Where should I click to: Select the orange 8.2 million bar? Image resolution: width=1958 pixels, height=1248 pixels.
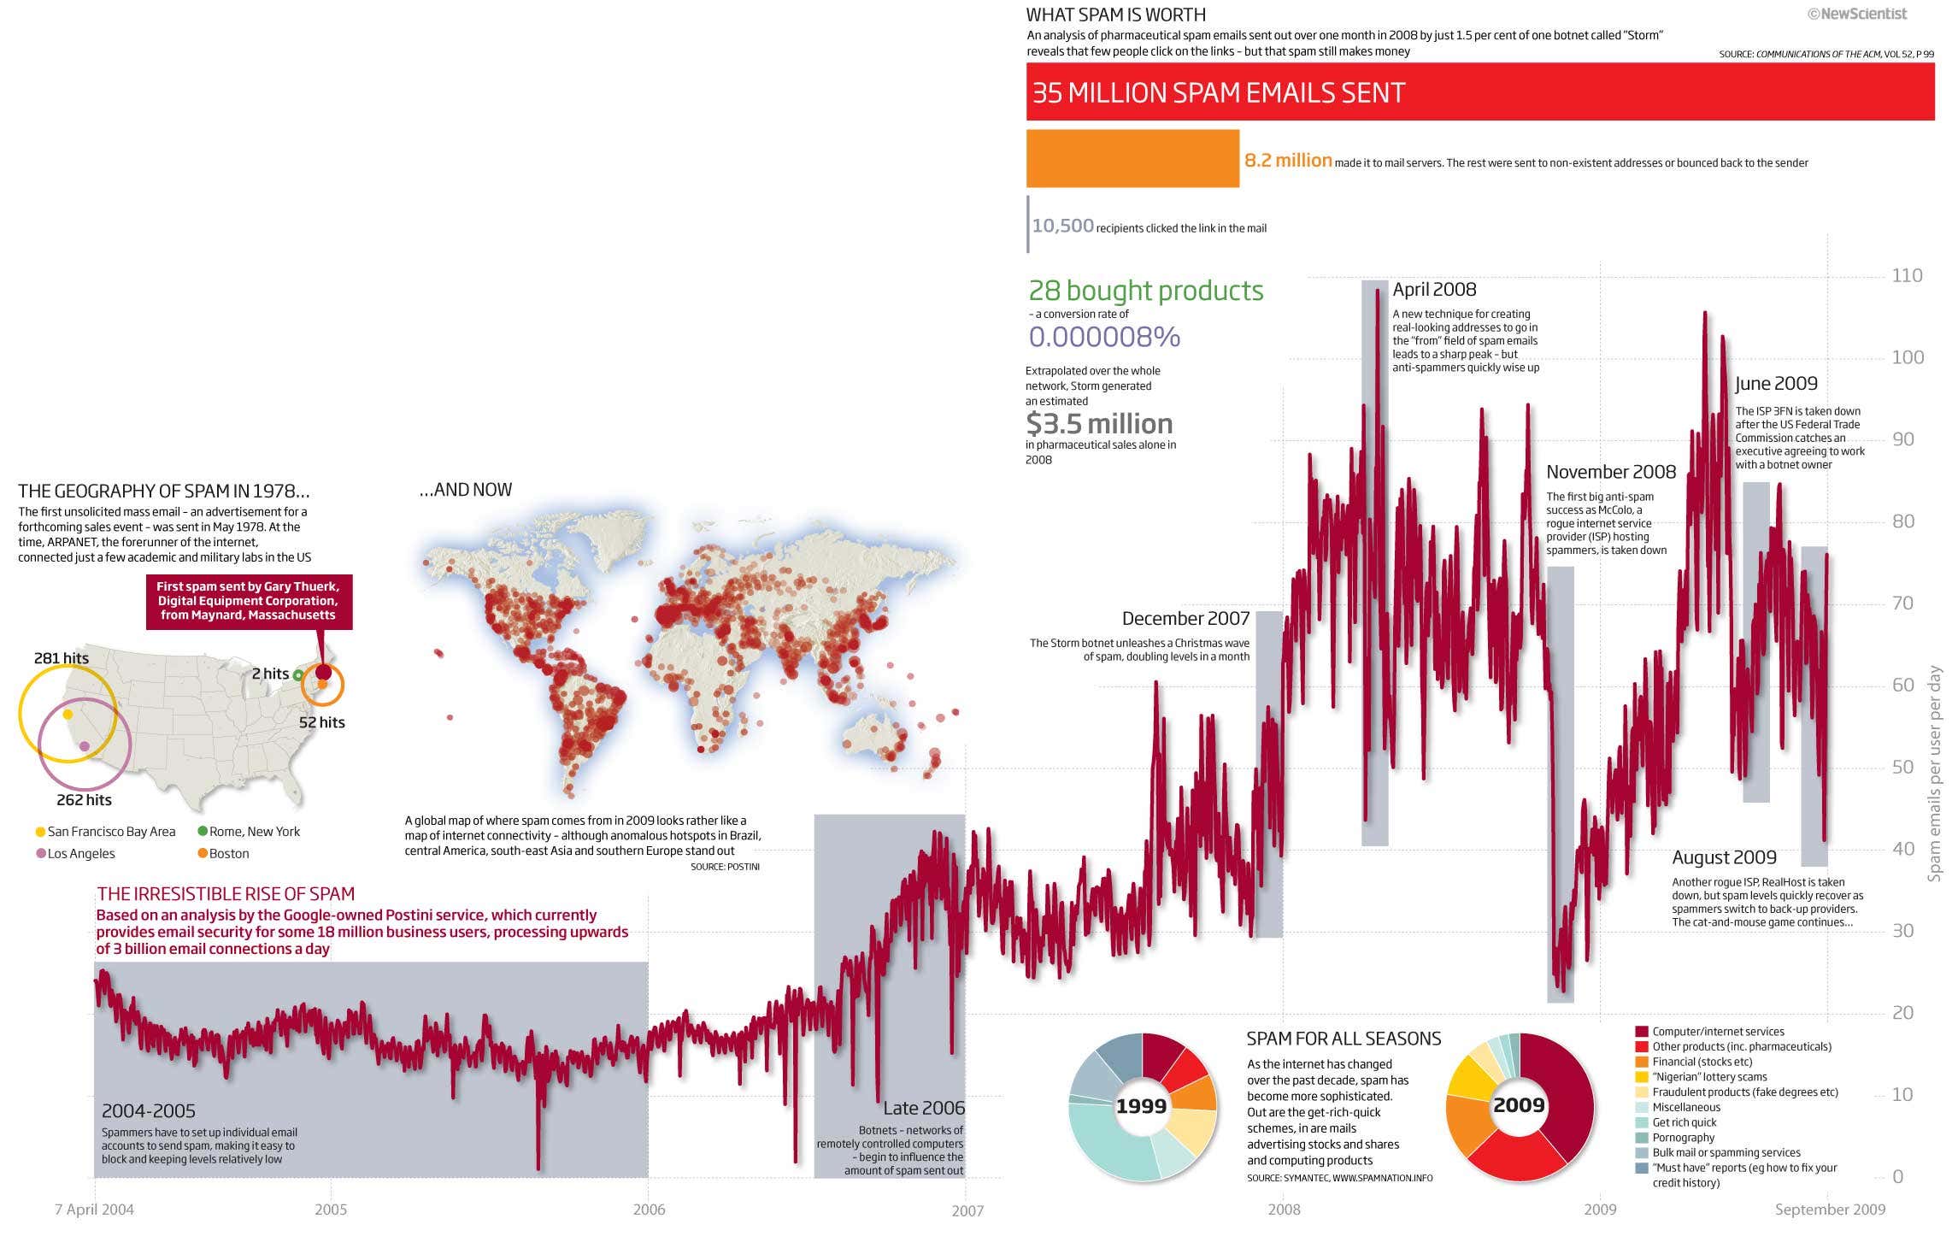point(1132,158)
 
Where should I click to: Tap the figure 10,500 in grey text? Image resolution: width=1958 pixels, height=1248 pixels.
point(1062,227)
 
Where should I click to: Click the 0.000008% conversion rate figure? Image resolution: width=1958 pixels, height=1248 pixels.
point(1104,338)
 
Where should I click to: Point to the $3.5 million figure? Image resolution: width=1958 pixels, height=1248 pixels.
point(1099,424)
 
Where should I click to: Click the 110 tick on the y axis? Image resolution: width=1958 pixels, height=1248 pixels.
point(1907,276)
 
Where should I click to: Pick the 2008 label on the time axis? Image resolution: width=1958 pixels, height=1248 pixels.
point(1284,1210)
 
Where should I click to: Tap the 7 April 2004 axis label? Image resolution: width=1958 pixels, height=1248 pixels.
point(94,1210)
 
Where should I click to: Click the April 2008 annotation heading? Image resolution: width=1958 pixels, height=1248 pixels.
point(1434,290)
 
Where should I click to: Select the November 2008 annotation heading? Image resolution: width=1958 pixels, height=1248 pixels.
point(1610,472)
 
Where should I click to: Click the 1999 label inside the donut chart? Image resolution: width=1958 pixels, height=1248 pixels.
point(1141,1107)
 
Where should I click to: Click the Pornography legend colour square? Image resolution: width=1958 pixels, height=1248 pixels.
point(1641,1138)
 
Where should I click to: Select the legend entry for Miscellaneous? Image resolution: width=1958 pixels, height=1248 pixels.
point(1685,1107)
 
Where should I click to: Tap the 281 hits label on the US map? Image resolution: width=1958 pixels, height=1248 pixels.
point(62,658)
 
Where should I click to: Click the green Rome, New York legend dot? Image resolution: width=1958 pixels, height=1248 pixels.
point(203,832)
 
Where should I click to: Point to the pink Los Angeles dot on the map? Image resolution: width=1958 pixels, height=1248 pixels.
point(84,746)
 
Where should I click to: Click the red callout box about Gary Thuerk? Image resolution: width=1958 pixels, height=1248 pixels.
point(248,601)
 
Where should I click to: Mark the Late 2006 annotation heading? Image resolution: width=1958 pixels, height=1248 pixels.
point(923,1109)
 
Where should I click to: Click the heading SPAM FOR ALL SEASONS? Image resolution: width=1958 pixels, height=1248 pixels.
point(1343,1039)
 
